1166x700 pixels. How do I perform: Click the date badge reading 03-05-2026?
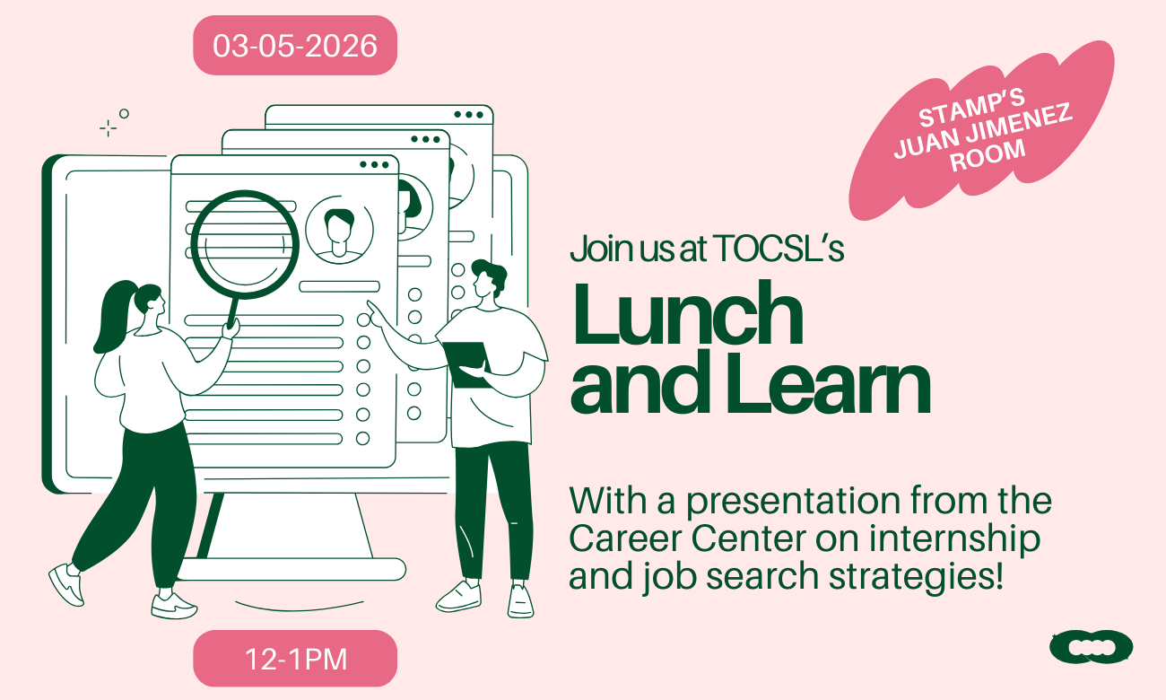click(295, 46)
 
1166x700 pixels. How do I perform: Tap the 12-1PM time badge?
click(295, 660)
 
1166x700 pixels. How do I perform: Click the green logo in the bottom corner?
click(1091, 646)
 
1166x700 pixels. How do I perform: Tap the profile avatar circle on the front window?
click(339, 231)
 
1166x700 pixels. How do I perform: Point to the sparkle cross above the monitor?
click(109, 128)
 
